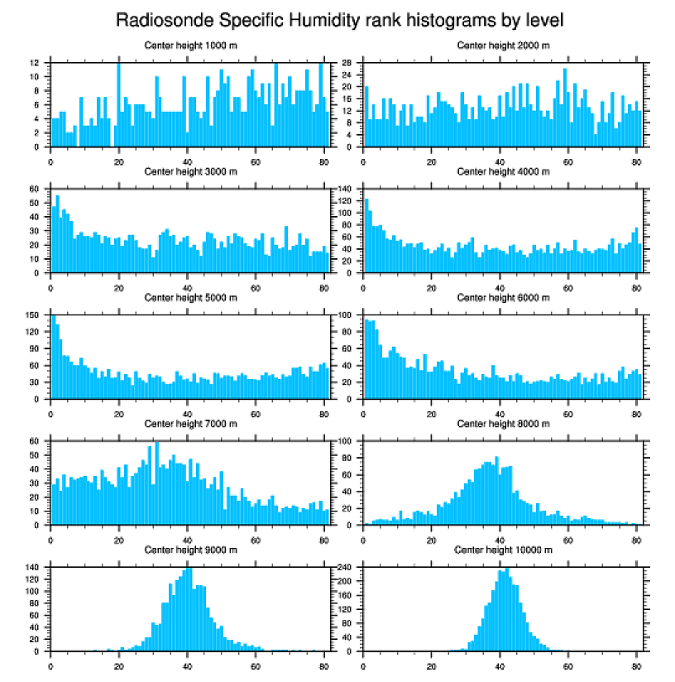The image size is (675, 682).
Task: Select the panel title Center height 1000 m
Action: pos(190,45)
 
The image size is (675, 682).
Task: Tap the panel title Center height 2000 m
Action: pos(503,45)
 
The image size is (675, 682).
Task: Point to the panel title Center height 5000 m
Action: pos(190,297)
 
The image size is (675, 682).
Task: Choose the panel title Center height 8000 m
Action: pos(503,424)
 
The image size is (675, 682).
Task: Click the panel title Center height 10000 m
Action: pos(503,550)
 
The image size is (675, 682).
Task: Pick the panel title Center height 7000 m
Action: pos(190,424)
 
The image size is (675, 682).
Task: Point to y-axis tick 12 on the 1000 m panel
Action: pos(38,63)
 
